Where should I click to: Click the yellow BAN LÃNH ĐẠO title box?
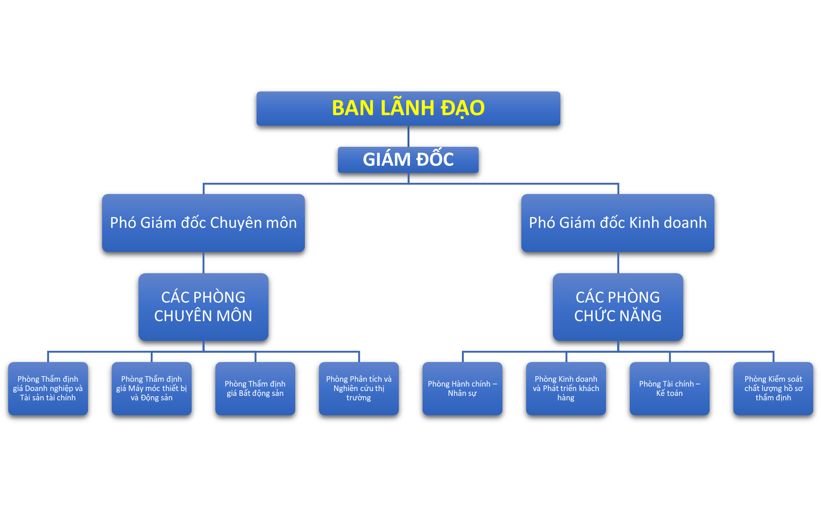[408, 109]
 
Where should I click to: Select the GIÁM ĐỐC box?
[408, 160]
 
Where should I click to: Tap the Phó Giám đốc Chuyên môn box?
[203, 223]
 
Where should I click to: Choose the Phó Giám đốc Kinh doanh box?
[618, 223]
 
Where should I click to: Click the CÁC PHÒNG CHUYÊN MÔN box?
[203, 307]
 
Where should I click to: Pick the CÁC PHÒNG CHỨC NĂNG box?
[618, 307]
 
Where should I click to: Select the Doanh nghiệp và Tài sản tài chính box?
[48, 388]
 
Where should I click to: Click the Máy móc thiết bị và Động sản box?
[152, 388]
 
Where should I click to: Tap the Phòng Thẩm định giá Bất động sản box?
[255, 388]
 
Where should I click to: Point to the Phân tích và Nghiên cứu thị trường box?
[359, 388]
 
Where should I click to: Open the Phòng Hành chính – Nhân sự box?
[462, 388]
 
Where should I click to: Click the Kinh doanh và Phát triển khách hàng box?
[566, 388]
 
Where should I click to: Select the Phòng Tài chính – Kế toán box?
[669, 388]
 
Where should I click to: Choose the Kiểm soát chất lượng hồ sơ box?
[773, 388]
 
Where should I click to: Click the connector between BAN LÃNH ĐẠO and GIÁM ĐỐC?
[408, 136]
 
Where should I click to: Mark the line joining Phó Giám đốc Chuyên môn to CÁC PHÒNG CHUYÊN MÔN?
[203, 262]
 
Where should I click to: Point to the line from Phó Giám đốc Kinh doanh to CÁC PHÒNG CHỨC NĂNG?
[618, 262]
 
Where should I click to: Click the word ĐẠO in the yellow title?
[462, 109]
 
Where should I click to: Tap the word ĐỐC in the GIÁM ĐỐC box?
[435, 160]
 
